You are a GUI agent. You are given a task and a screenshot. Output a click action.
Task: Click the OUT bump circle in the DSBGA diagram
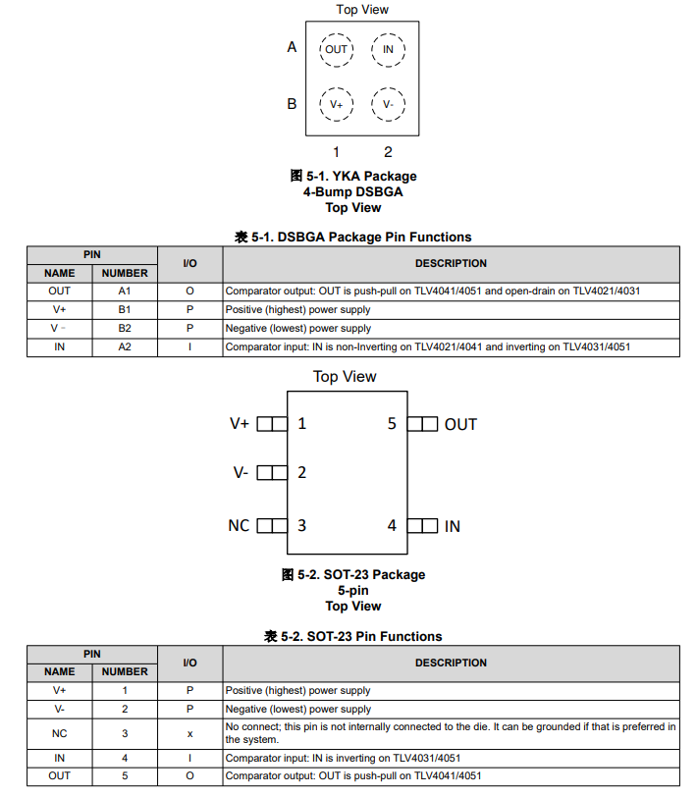click(336, 49)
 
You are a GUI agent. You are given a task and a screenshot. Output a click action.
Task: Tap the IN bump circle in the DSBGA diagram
click(388, 49)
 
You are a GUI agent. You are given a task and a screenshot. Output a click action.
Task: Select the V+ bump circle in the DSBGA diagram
click(336, 103)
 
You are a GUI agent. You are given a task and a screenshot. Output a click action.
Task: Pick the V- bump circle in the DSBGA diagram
click(388, 103)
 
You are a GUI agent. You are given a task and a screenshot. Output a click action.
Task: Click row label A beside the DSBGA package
click(292, 47)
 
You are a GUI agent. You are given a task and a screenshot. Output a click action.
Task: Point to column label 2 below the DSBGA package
click(388, 152)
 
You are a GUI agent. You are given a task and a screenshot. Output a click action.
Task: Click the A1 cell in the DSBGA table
click(125, 292)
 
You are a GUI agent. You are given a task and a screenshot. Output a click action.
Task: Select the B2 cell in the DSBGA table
click(125, 328)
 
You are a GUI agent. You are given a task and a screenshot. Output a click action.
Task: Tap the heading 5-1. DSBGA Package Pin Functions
click(353, 237)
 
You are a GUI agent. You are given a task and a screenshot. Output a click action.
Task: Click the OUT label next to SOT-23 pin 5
click(460, 424)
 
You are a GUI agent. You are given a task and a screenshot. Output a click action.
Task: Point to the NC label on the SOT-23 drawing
click(239, 526)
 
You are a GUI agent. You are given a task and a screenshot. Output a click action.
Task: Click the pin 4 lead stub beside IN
click(422, 526)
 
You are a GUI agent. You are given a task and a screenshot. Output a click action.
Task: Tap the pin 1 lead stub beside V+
click(272, 424)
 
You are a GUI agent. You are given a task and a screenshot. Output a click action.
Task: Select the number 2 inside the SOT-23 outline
click(301, 472)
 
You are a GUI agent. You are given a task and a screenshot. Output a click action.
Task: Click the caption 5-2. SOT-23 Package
click(353, 574)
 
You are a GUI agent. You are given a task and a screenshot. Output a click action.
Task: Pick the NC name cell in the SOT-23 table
click(60, 733)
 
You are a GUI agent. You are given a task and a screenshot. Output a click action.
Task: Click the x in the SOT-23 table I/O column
click(189, 733)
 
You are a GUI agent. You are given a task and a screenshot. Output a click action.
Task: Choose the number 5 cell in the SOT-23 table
click(125, 776)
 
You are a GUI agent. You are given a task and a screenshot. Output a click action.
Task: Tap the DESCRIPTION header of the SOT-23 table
click(451, 663)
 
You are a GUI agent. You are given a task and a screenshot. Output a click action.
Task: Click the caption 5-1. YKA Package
click(353, 176)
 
